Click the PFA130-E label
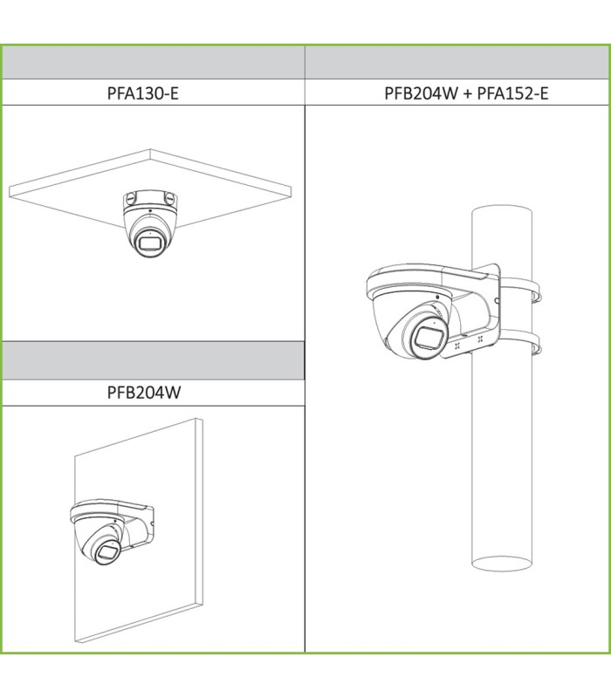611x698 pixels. pos(143,93)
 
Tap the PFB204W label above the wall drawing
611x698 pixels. pos(144,392)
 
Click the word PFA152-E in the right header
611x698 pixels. pos(512,93)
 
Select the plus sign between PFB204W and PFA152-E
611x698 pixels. pos(467,93)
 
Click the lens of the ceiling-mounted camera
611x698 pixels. pos(149,244)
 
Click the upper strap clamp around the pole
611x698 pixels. pos(521,290)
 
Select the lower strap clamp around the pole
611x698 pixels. pos(521,343)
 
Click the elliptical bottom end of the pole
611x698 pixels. pos(502,563)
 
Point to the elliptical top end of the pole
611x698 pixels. pos(502,213)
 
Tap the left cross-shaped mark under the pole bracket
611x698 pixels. pos(457,345)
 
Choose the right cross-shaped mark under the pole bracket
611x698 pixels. pos(479,339)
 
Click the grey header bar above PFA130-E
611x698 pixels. pos(154,63)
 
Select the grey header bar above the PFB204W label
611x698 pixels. pos(154,360)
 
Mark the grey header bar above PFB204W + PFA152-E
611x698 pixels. pos(457,63)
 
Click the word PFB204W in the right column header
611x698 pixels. pos(421,93)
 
